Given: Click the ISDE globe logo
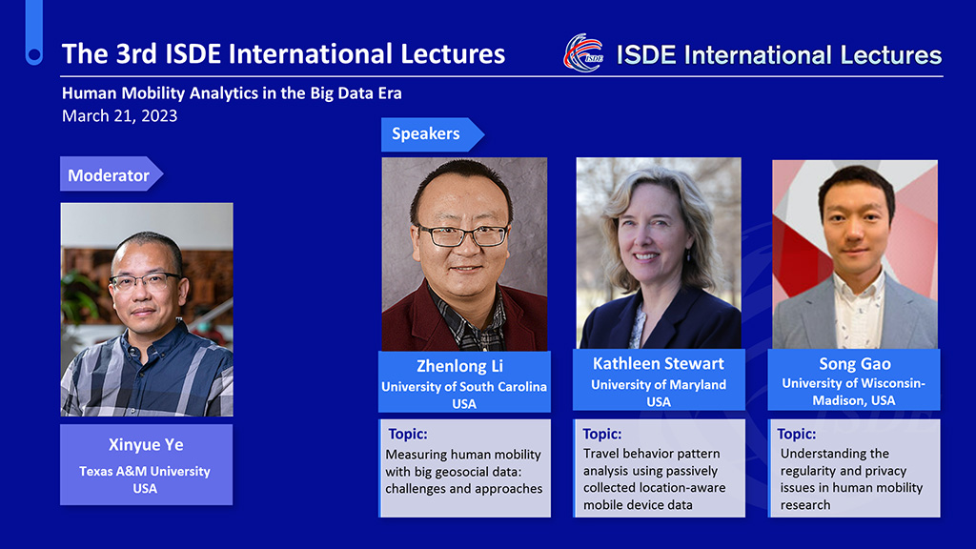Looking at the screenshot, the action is click(x=583, y=53).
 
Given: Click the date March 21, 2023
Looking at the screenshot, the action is click(x=119, y=115).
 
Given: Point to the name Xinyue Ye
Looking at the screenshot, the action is click(x=146, y=444).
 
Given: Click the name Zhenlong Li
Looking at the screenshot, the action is click(x=460, y=366).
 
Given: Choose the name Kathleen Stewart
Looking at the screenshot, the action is click(x=658, y=363).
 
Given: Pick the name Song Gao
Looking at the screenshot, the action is click(x=855, y=363).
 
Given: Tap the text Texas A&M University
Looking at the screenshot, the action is click(x=145, y=471).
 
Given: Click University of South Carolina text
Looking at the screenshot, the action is click(x=464, y=387).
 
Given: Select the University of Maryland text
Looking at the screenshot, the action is click(x=659, y=385).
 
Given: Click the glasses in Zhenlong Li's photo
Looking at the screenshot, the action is click(x=463, y=235).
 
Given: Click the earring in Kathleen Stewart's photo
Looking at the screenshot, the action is click(x=688, y=254).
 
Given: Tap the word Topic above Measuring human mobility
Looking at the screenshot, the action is click(x=408, y=434).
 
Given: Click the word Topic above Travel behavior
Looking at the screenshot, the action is click(x=602, y=434).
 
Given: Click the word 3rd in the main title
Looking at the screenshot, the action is click(x=136, y=54).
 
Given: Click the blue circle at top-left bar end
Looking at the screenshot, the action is click(x=34, y=56).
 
